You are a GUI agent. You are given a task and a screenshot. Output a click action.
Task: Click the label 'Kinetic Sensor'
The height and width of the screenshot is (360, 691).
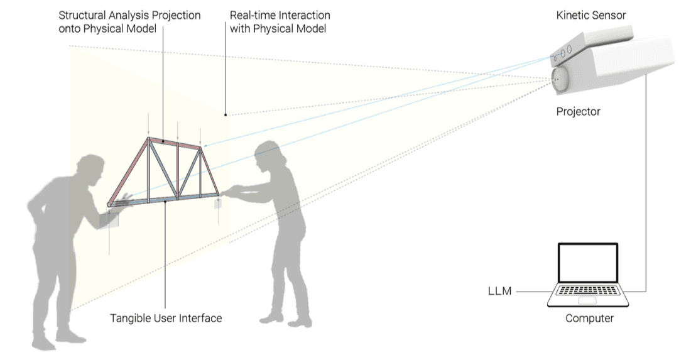[590, 15]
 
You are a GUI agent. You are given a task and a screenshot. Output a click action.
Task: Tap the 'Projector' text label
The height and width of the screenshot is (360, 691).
[578, 112]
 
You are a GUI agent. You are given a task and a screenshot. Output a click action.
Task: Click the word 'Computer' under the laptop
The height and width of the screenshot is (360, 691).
[589, 318]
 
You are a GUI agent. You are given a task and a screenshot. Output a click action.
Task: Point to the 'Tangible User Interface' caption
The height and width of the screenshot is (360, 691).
[166, 318]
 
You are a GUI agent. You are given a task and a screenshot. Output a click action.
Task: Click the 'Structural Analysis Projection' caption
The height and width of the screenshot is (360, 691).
[129, 15]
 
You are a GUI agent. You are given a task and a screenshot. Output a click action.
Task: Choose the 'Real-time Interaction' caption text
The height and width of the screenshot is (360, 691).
[280, 15]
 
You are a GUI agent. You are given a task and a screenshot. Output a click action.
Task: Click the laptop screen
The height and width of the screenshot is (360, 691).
[588, 264]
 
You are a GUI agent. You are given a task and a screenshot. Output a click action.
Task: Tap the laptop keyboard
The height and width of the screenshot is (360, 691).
[588, 292]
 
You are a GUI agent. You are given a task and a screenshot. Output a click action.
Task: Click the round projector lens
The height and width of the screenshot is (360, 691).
[559, 78]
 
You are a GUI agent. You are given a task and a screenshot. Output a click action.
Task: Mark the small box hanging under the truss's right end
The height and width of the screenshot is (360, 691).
[218, 205]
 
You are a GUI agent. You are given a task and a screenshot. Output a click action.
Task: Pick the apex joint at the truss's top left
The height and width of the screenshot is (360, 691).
[149, 138]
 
